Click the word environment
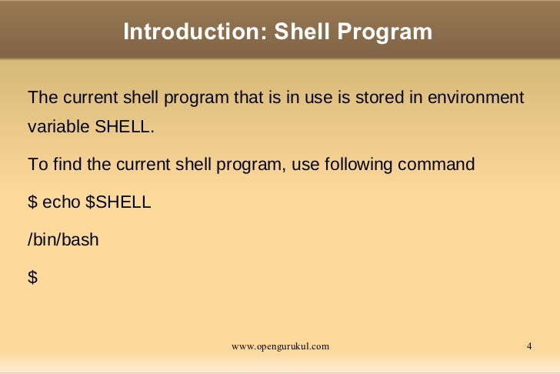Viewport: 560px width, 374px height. click(476, 99)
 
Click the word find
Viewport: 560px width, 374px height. click(62, 165)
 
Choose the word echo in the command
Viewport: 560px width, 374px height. click(61, 202)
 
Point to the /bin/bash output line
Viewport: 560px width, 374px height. click(63, 239)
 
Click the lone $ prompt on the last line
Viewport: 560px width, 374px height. click(32, 277)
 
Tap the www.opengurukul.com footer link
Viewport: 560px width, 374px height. click(280, 346)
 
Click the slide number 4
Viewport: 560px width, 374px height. click(529, 346)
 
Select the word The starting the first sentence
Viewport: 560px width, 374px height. click(42, 99)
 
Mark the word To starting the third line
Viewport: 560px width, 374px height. click(36, 165)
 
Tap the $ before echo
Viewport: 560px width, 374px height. click(32, 202)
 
